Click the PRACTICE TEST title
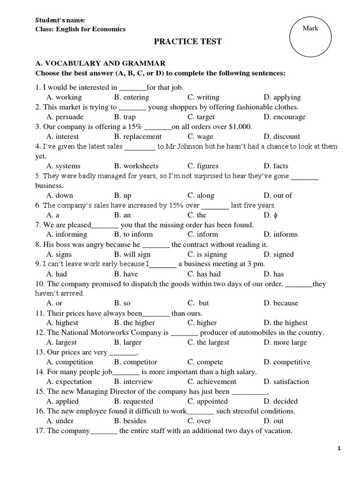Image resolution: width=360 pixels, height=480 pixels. pyautogui.click(x=188, y=42)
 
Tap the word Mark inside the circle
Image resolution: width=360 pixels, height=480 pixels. pyautogui.click(x=310, y=28)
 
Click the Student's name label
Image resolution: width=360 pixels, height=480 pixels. pyautogui.click(x=60, y=20)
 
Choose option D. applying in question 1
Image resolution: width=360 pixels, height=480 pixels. pyautogui.click(x=282, y=97)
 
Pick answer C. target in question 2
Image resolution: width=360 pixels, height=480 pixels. pyautogui.click(x=201, y=117)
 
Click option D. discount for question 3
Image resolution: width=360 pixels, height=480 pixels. pyautogui.click(x=281, y=136)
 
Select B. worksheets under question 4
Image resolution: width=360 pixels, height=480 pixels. pyautogui.click(x=136, y=166)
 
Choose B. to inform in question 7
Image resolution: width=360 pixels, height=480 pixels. pyautogui.click(x=133, y=234)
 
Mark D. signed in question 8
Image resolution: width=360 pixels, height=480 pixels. pyautogui.click(x=278, y=255)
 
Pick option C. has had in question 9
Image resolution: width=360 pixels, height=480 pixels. pyautogui.click(x=204, y=274)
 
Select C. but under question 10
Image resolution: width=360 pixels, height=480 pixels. pyautogui.click(x=198, y=303)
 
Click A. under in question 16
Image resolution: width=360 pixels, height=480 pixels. pyautogui.click(x=60, y=421)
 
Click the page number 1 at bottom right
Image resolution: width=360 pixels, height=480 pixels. pyautogui.click(x=339, y=449)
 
